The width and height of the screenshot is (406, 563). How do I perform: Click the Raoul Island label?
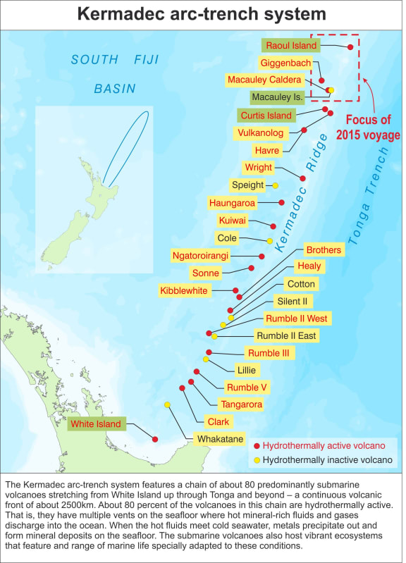click(x=290, y=45)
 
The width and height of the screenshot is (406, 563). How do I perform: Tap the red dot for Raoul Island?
click(x=350, y=47)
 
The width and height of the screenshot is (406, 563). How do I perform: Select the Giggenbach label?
click(x=285, y=63)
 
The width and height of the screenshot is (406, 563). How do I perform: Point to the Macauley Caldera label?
click(x=264, y=80)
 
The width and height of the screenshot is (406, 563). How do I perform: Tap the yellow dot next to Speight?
click(x=276, y=185)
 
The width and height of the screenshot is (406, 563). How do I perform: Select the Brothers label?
click(x=324, y=249)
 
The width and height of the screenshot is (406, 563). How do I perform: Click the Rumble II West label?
click(x=296, y=318)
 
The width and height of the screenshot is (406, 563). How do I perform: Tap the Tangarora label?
click(x=241, y=404)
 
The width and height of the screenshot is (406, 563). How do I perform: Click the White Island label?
click(x=94, y=424)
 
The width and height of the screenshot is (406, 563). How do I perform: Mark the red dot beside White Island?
click(x=155, y=438)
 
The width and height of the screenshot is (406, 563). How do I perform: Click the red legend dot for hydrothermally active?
click(x=257, y=446)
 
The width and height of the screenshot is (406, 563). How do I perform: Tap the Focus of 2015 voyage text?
click(x=367, y=127)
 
